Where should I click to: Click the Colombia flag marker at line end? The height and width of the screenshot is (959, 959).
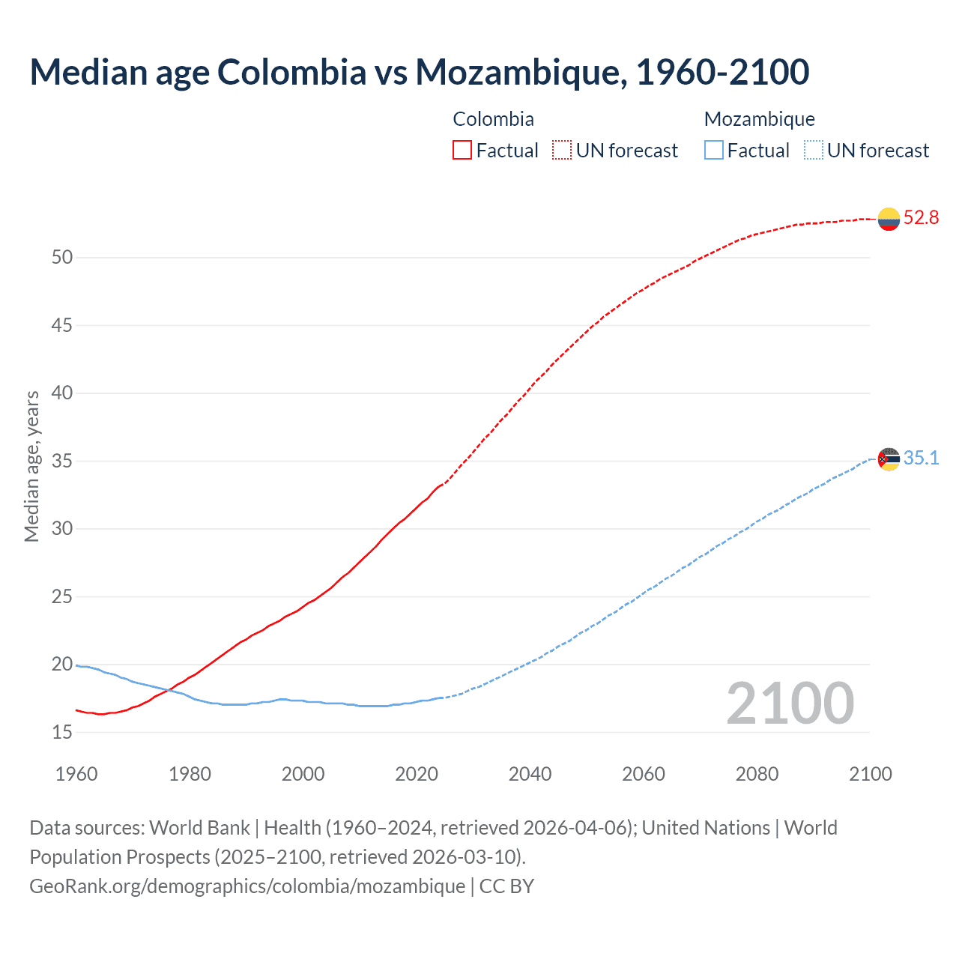[889, 219]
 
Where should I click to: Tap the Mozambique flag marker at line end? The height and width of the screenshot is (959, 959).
[889, 459]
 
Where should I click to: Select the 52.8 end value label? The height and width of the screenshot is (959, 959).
[921, 218]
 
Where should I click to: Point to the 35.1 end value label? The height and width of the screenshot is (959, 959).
[921, 458]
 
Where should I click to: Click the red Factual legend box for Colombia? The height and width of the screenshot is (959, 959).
[462, 151]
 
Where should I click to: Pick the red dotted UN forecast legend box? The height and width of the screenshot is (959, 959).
[562, 151]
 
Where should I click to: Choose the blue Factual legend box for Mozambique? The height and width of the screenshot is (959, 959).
[714, 151]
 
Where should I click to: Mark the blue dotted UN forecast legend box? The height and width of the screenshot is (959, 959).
[814, 151]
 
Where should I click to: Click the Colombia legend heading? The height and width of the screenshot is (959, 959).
[493, 119]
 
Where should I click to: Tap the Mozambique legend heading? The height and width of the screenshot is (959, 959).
[759, 119]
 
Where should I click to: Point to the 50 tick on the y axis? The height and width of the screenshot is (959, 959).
[62, 258]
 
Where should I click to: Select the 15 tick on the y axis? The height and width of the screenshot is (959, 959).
[62, 733]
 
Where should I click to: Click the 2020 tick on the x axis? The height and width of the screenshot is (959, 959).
[417, 774]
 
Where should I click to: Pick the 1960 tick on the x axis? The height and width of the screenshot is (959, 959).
[76, 774]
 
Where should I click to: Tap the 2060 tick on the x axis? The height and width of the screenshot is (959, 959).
[644, 774]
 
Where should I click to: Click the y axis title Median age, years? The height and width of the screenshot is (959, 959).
[31, 466]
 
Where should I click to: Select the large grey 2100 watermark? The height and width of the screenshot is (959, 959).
[790, 704]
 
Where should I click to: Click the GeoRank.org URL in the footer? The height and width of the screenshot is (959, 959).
[247, 886]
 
